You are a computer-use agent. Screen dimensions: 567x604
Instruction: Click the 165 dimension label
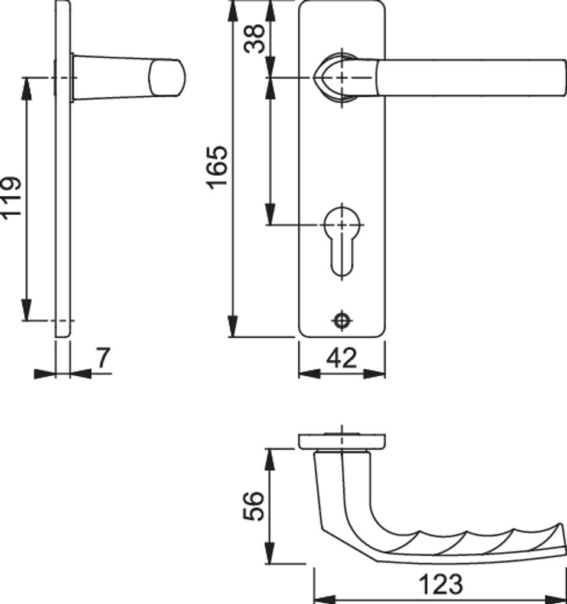point(217,167)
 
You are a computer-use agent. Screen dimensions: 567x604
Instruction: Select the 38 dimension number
point(255,38)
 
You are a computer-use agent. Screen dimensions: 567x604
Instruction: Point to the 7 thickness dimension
point(103,358)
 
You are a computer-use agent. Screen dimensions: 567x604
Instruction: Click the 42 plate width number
point(342,358)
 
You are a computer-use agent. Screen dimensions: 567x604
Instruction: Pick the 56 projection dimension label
point(254,505)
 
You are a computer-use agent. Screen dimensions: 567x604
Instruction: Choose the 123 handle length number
point(441,584)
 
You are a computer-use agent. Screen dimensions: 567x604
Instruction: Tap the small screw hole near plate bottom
point(342,320)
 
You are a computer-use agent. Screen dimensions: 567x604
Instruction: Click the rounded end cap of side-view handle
point(167,77)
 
